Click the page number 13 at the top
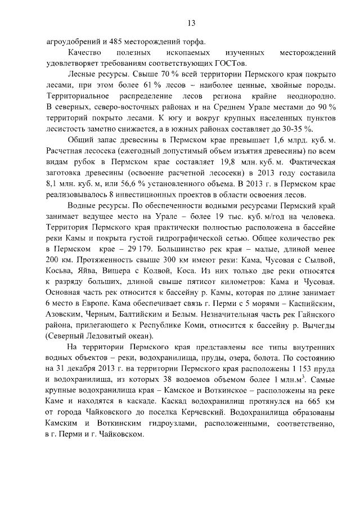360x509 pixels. pyautogui.click(x=191, y=23)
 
